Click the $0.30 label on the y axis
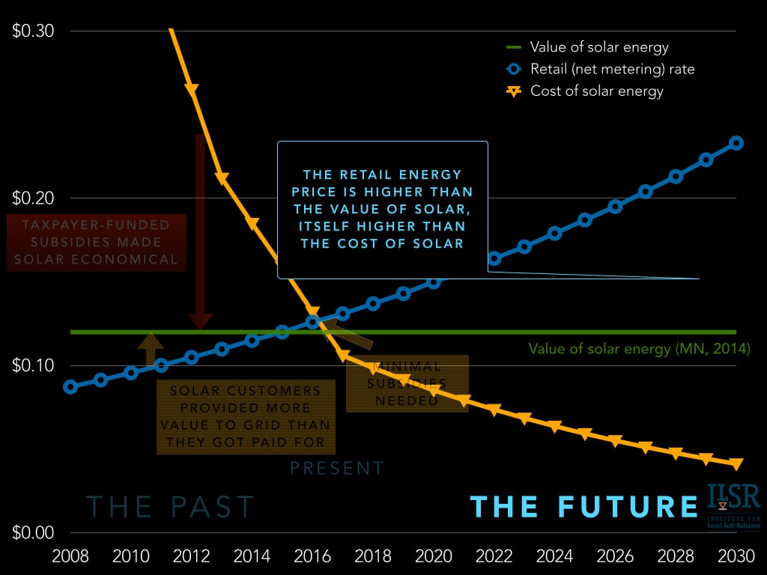(33, 31)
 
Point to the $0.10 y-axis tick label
(33, 365)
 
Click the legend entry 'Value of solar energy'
(598, 47)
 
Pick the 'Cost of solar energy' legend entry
(596, 91)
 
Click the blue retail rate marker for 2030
(736, 143)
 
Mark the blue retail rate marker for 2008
(70, 387)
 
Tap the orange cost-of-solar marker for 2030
(736, 464)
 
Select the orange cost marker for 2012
(192, 90)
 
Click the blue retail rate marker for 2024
(555, 234)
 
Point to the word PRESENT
(337, 469)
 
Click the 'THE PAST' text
(170, 507)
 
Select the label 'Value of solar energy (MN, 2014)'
(638, 349)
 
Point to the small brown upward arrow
(151, 350)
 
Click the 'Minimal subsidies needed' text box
(407, 383)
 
